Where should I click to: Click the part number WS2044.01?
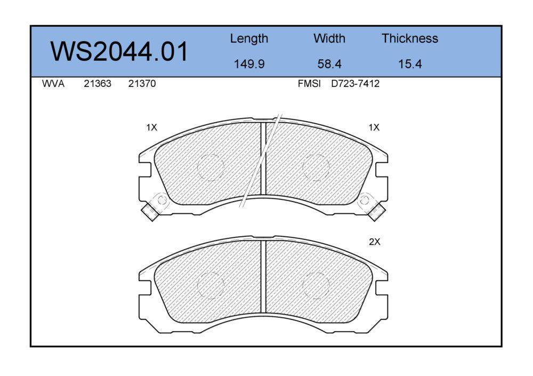[119, 51]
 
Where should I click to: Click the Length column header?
[249, 39]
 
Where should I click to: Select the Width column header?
[329, 38]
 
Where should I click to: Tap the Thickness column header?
[409, 38]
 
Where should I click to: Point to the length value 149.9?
[249, 64]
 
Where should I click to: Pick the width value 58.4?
[329, 64]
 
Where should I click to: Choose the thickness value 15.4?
[410, 64]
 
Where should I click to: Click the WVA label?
[53, 84]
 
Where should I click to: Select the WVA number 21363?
[98, 84]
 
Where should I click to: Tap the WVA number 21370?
[142, 84]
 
